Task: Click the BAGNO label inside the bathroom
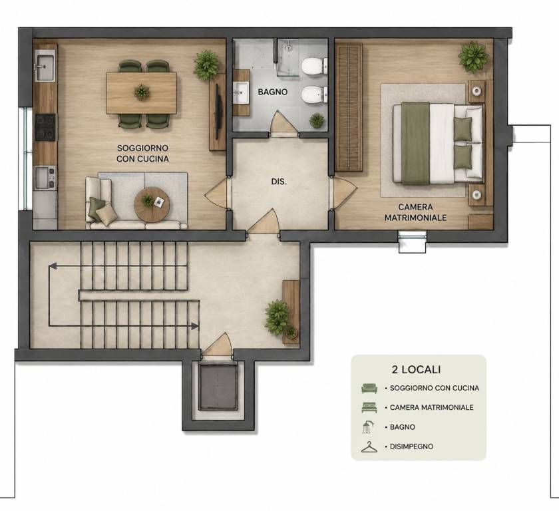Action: click(272, 92)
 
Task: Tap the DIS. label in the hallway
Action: click(279, 182)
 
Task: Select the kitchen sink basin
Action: click(45, 66)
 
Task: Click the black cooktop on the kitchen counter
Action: click(45, 127)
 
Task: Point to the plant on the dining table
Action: click(142, 92)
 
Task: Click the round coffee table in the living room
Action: click(152, 205)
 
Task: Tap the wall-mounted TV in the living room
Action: click(217, 110)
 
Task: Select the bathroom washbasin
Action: click(241, 92)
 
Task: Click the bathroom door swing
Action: click(283, 123)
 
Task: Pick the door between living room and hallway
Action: click(217, 193)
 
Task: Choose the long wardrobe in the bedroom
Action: click(349, 107)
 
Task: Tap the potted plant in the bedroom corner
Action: click(473, 57)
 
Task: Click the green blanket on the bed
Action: click(416, 144)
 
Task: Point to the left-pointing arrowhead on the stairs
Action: click(53, 266)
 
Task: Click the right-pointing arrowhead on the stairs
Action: click(194, 326)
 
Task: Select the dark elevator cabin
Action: click(218, 387)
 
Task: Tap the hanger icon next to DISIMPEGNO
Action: click(369, 447)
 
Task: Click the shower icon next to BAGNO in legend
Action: click(368, 427)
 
